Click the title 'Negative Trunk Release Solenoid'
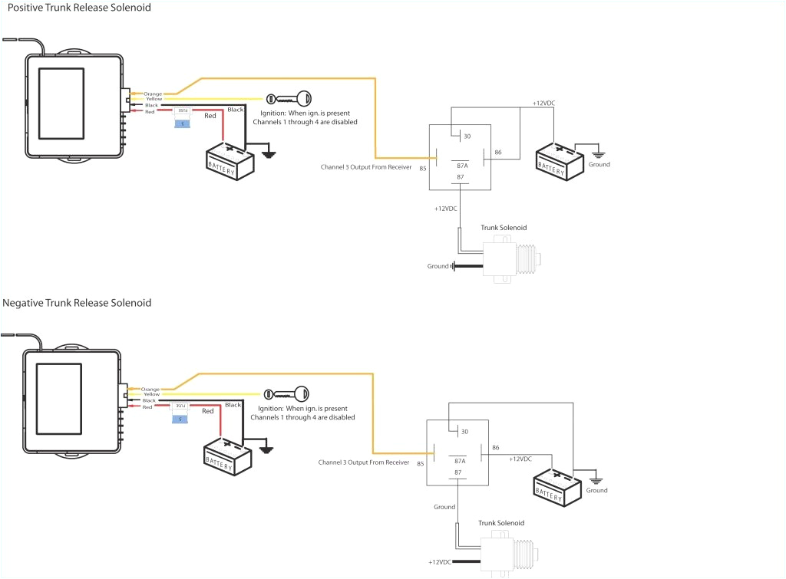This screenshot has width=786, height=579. (x=77, y=303)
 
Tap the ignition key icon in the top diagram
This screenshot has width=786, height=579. (x=288, y=99)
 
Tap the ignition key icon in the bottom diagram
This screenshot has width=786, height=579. (x=286, y=394)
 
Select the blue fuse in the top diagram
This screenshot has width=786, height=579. (x=183, y=123)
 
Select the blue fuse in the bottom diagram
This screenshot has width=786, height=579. (x=180, y=418)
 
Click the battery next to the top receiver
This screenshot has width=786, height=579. (x=230, y=160)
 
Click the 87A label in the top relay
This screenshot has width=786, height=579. (x=462, y=165)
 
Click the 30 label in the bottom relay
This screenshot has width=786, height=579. (x=463, y=432)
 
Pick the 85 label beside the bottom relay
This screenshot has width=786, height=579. (x=421, y=463)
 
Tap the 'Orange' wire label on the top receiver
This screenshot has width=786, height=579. (x=153, y=94)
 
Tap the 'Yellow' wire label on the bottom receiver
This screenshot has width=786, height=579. (x=150, y=394)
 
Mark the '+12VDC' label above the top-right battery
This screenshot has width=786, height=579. (x=545, y=104)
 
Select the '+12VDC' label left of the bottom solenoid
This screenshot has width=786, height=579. (x=442, y=561)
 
